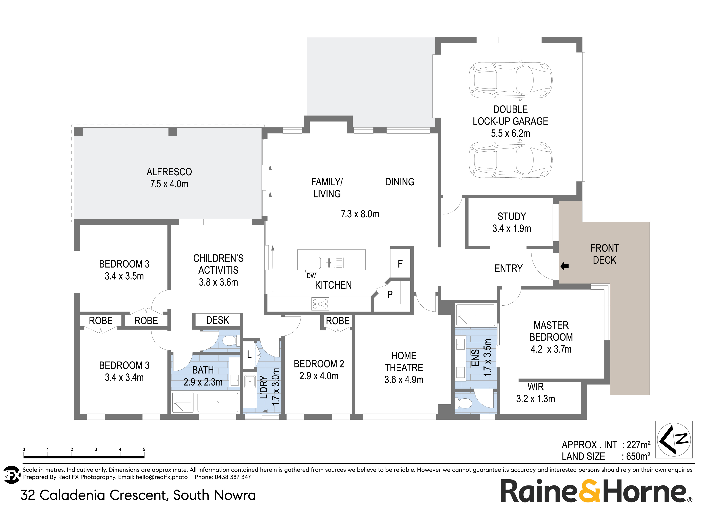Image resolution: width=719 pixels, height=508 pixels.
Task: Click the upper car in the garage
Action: [510, 80]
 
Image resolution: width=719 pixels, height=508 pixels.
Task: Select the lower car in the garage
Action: [510, 160]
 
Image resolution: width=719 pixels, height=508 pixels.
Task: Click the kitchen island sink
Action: [327, 263]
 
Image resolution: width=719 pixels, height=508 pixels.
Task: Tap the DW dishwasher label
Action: [311, 276]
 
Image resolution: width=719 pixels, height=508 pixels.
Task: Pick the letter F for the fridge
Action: [400, 264]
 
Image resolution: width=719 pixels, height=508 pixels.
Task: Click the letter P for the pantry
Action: [390, 295]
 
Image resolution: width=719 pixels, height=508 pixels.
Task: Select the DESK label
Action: [217, 320]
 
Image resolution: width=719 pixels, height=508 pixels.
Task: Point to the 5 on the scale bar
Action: [144, 449]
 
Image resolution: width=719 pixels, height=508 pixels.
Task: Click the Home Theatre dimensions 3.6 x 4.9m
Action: [404, 380]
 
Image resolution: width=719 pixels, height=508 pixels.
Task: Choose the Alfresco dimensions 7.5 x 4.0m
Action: [169, 184]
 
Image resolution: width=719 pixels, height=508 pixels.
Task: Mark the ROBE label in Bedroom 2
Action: [338, 321]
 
